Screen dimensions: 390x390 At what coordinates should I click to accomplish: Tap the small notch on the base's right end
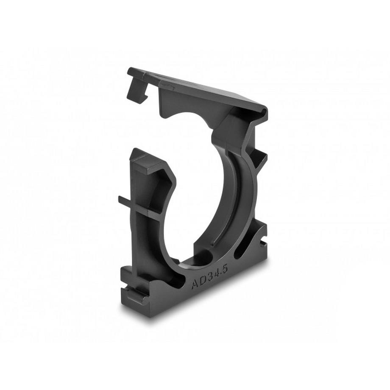coord(263,244)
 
